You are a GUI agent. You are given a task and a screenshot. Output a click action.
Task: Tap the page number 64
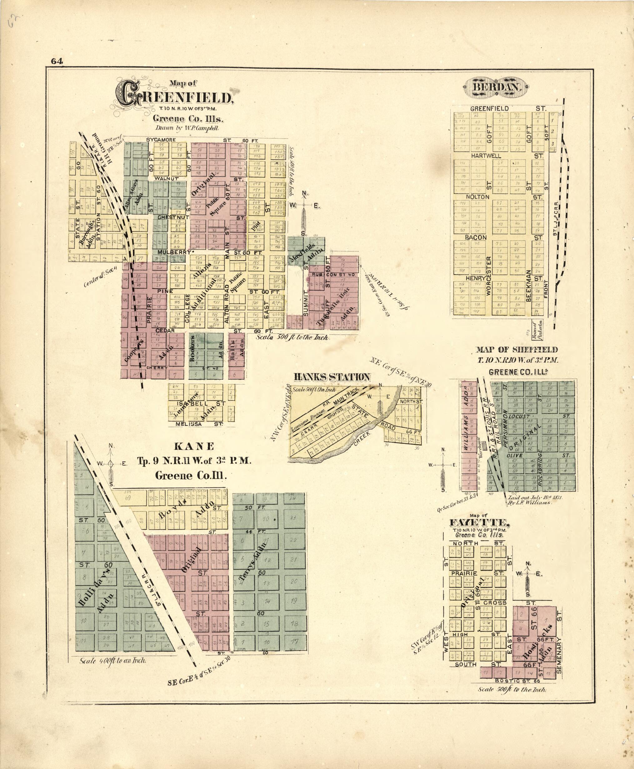pyautogui.click(x=57, y=61)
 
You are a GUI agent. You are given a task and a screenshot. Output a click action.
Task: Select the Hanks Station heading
pyautogui.click(x=332, y=377)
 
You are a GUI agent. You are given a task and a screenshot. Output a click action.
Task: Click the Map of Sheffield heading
pyautogui.click(x=517, y=350)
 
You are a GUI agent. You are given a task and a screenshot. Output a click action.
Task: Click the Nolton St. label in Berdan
pyautogui.click(x=477, y=197)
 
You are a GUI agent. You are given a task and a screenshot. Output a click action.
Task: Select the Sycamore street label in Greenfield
pyautogui.click(x=161, y=140)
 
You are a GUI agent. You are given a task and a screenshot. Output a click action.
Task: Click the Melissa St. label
pyautogui.click(x=188, y=424)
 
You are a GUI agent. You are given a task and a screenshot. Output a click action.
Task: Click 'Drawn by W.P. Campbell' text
pyautogui.click(x=187, y=128)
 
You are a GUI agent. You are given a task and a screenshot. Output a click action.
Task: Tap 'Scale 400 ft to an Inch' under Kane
pyautogui.click(x=113, y=660)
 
